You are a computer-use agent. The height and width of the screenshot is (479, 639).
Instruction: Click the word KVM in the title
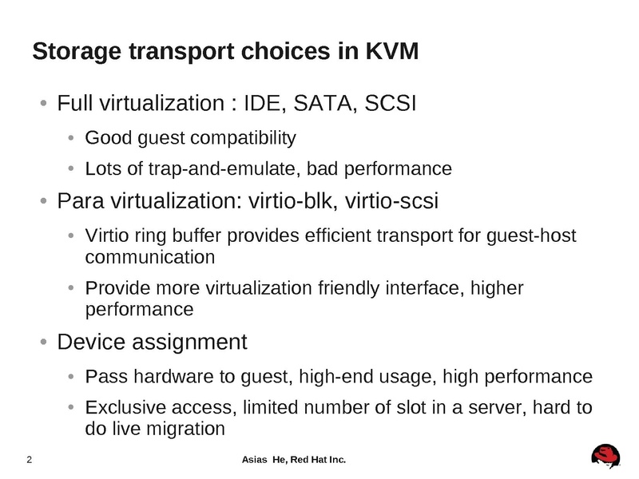coord(391,51)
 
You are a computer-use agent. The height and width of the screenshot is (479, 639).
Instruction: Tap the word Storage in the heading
coord(77,52)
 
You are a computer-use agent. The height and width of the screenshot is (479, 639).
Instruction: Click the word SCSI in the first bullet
coord(391,103)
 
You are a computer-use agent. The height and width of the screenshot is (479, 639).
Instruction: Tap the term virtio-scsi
coord(391,201)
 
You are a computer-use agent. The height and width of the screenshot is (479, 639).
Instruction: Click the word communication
coord(150,257)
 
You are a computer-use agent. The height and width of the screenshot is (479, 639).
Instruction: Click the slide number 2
coord(30,460)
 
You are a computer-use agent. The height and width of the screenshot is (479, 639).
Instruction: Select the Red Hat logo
coord(606,456)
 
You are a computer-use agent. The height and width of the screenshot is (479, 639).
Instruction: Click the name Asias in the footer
coord(254,460)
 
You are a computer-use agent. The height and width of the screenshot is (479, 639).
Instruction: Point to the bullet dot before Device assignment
coord(44,342)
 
